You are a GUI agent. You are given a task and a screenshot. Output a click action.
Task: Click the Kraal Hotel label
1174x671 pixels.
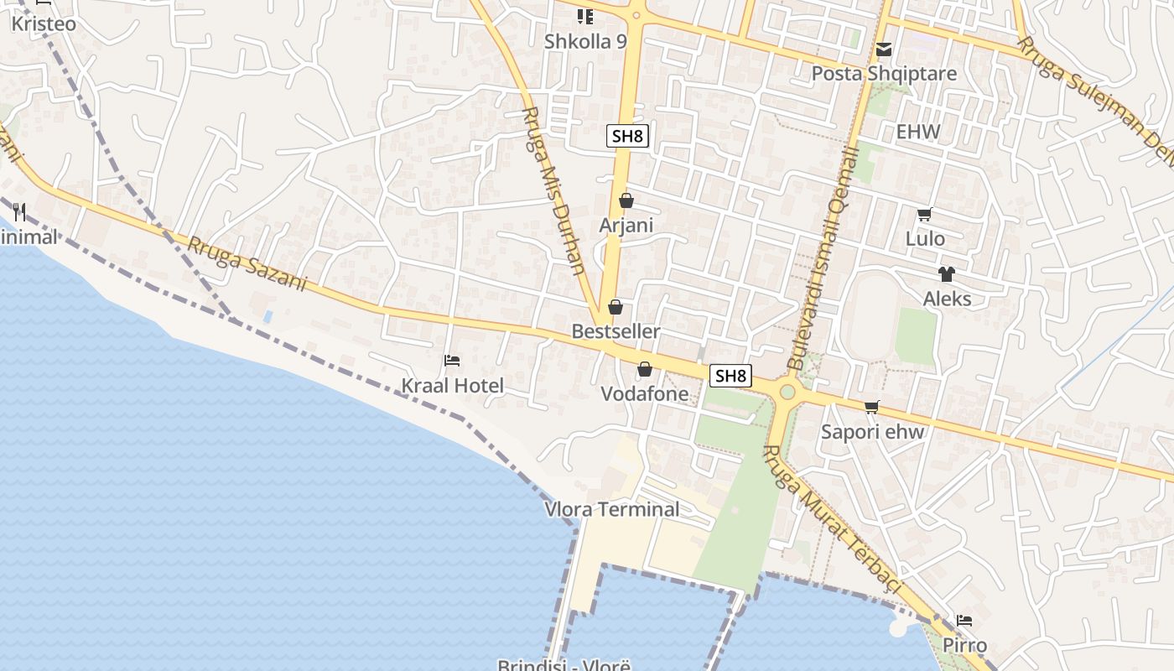coord(453,386)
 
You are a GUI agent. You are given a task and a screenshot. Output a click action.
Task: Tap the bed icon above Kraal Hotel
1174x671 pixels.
coord(452,361)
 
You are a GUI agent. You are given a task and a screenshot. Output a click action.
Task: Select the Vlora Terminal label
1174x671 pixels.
coord(612,509)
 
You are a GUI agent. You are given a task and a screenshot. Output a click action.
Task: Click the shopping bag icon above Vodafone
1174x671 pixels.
coord(645,369)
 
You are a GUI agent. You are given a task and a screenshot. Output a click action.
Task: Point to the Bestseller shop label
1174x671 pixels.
coord(616,331)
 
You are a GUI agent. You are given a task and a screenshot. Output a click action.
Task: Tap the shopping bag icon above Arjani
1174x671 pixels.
coord(626,200)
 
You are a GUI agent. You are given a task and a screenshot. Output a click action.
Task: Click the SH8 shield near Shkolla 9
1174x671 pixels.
coord(628,136)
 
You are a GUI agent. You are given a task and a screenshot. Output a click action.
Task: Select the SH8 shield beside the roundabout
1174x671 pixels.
coord(730,376)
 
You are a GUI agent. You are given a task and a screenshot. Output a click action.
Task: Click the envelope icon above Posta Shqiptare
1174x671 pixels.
coord(884,49)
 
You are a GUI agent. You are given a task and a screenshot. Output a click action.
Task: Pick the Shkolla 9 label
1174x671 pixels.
coord(585,41)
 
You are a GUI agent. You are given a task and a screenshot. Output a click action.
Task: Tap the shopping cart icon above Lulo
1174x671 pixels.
coord(925,215)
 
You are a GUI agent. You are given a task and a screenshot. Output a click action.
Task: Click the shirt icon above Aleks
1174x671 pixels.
coord(947,273)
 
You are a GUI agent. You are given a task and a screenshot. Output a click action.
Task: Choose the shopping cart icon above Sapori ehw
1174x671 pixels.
coord(872,408)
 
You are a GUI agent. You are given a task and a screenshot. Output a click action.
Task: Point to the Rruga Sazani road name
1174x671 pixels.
coord(247,263)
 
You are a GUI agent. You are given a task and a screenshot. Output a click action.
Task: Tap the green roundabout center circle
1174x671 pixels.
coord(787,391)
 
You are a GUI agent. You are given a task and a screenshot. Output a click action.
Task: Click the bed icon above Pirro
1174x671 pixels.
coord(964,621)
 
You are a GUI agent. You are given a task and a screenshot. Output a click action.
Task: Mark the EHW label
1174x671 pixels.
coord(918,132)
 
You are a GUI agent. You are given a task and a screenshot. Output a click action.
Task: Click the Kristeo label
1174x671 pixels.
coord(44,23)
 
